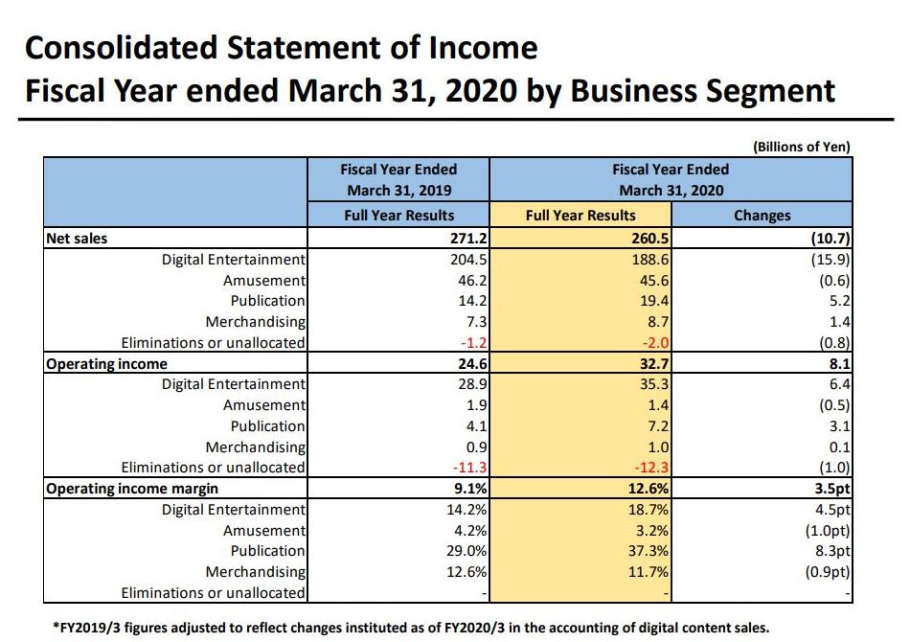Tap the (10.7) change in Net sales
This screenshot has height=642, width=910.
click(830, 239)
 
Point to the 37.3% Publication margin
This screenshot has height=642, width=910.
click(650, 551)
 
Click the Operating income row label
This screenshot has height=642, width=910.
click(106, 364)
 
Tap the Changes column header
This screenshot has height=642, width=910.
click(762, 216)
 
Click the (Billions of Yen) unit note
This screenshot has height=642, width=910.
click(802, 147)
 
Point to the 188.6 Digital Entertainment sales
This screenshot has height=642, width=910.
click(650, 260)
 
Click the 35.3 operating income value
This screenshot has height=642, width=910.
click(654, 384)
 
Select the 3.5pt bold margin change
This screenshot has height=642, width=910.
click(830, 489)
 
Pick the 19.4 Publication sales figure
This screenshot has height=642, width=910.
click(654, 301)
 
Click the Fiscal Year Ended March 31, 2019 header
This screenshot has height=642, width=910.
click(398, 179)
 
